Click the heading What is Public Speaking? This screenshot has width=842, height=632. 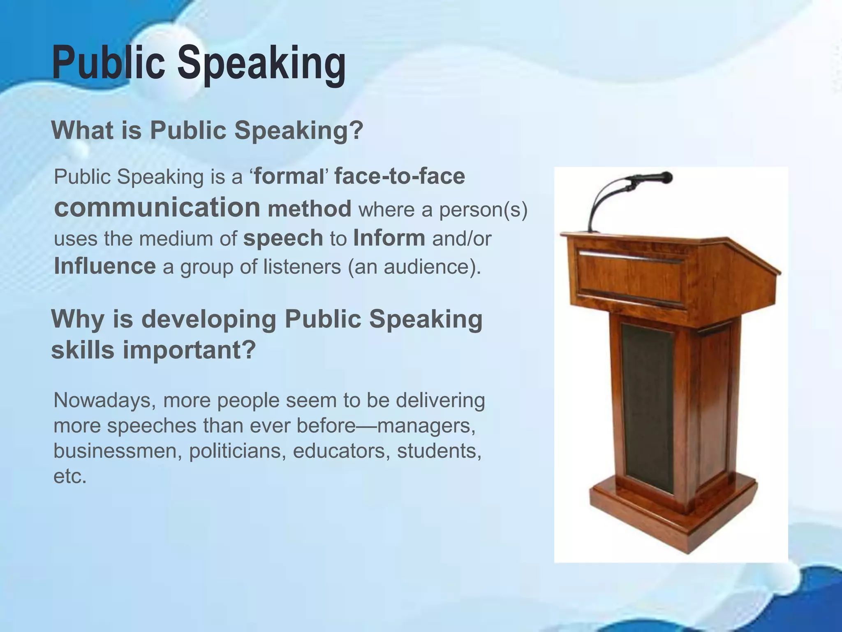(x=207, y=130)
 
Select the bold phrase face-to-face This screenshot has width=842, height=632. (x=400, y=177)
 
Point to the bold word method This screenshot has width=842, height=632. (x=310, y=209)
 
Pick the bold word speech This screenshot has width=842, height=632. (x=283, y=238)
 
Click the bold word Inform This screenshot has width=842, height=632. (x=389, y=238)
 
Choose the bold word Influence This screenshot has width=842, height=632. (x=105, y=266)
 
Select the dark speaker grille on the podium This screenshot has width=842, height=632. (x=647, y=407)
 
